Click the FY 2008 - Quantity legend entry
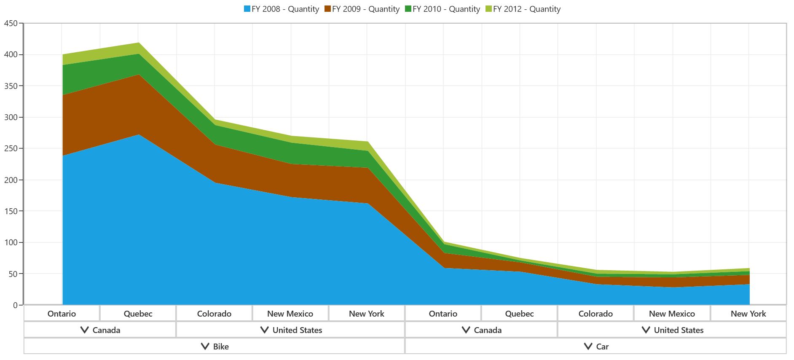click(x=281, y=9)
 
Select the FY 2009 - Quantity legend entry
click(x=362, y=9)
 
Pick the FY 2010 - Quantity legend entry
click(x=442, y=9)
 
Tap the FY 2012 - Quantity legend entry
click(x=523, y=9)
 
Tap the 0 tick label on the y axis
click(x=15, y=305)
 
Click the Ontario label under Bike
click(x=62, y=314)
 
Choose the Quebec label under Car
click(x=519, y=314)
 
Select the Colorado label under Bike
click(x=214, y=314)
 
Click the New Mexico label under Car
click(x=672, y=314)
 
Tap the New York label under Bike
click(x=367, y=314)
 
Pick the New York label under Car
click(x=748, y=314)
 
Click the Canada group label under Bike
click(x=106, y=330)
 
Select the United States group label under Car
click(x=679, y=330)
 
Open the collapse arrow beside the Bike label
click(x=205, y=347)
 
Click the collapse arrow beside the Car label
click(x=588, y=347)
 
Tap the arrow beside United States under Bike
click(x=265, y=330)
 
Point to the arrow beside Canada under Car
click(x=466, y=330)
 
